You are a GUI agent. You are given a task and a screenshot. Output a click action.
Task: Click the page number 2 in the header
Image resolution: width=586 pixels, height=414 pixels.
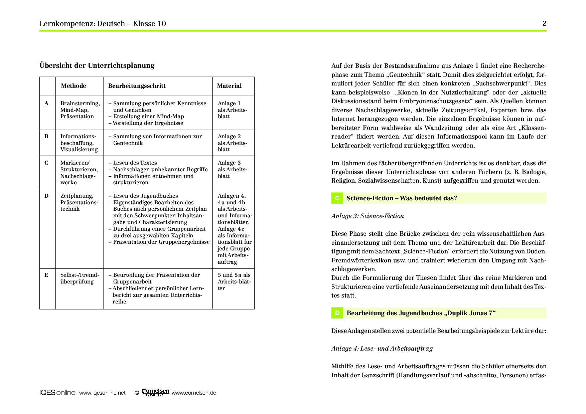point(544,23)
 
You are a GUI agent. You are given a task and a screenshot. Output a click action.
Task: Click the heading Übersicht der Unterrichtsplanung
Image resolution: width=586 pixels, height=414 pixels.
point(97,65)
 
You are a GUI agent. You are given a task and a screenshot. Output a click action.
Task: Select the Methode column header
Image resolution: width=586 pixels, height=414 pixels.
point(74,86)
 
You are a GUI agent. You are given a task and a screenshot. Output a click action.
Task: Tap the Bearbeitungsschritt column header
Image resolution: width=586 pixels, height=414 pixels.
point(137,86)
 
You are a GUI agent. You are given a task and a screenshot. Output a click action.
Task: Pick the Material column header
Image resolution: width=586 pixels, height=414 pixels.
point(229,86)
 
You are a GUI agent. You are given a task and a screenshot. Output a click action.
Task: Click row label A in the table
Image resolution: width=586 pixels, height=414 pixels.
point(46,103)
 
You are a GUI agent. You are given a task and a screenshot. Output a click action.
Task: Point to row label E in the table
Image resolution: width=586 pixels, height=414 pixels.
point(46,275)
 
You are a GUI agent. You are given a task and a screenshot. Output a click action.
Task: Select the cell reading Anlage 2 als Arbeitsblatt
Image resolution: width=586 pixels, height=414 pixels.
point(232,143)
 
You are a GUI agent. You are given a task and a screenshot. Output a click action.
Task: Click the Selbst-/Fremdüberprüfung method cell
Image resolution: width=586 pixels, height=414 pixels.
point(80,278)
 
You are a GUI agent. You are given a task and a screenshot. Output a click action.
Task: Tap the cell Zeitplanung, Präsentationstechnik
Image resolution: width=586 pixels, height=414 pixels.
point(79,202)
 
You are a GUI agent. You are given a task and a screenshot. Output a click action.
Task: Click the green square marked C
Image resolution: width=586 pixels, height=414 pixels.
point(337,198)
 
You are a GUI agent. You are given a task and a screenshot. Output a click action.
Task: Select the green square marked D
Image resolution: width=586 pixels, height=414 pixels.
point(337,313)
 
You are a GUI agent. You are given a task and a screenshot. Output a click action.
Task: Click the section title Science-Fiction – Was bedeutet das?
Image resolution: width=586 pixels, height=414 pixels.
point(402,198)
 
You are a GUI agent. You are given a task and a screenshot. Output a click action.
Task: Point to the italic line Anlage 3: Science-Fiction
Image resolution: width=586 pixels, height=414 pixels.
point(368,216)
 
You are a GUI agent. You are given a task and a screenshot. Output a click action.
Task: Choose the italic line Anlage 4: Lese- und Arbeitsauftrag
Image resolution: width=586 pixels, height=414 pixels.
point(382,349)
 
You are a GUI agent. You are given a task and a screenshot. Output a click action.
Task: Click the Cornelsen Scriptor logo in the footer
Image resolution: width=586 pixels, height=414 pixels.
point(155,392)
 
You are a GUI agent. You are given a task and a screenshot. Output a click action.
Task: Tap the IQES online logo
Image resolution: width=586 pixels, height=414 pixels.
point(57,393)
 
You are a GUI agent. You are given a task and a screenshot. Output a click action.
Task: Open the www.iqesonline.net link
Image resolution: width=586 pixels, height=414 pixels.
point(102,393)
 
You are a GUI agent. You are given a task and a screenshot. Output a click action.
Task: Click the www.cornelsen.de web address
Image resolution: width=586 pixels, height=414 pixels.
point(194,393)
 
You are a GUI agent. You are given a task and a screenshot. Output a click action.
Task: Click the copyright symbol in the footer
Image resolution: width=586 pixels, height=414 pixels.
point(137,393)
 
